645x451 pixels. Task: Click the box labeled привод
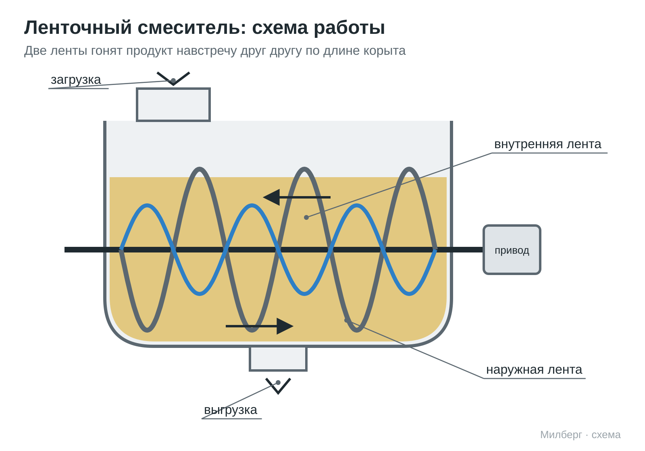(512, 250)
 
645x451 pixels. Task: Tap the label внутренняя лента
(548, 144)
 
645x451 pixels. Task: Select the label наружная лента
(534, 370)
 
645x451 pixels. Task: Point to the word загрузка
(76, 80)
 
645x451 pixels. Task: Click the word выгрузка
(230, 410)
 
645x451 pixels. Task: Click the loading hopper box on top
(173, 105)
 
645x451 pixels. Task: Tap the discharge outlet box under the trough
(278, 359)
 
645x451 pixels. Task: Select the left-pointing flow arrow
(297, 197)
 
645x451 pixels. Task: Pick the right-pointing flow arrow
(260, 326)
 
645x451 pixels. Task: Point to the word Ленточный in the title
(78, 28)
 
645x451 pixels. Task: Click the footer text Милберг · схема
(580, 434)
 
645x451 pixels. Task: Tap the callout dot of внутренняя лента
(306, 217)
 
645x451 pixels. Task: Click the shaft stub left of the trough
(84, 250)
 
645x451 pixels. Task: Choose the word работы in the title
(349, 28)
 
